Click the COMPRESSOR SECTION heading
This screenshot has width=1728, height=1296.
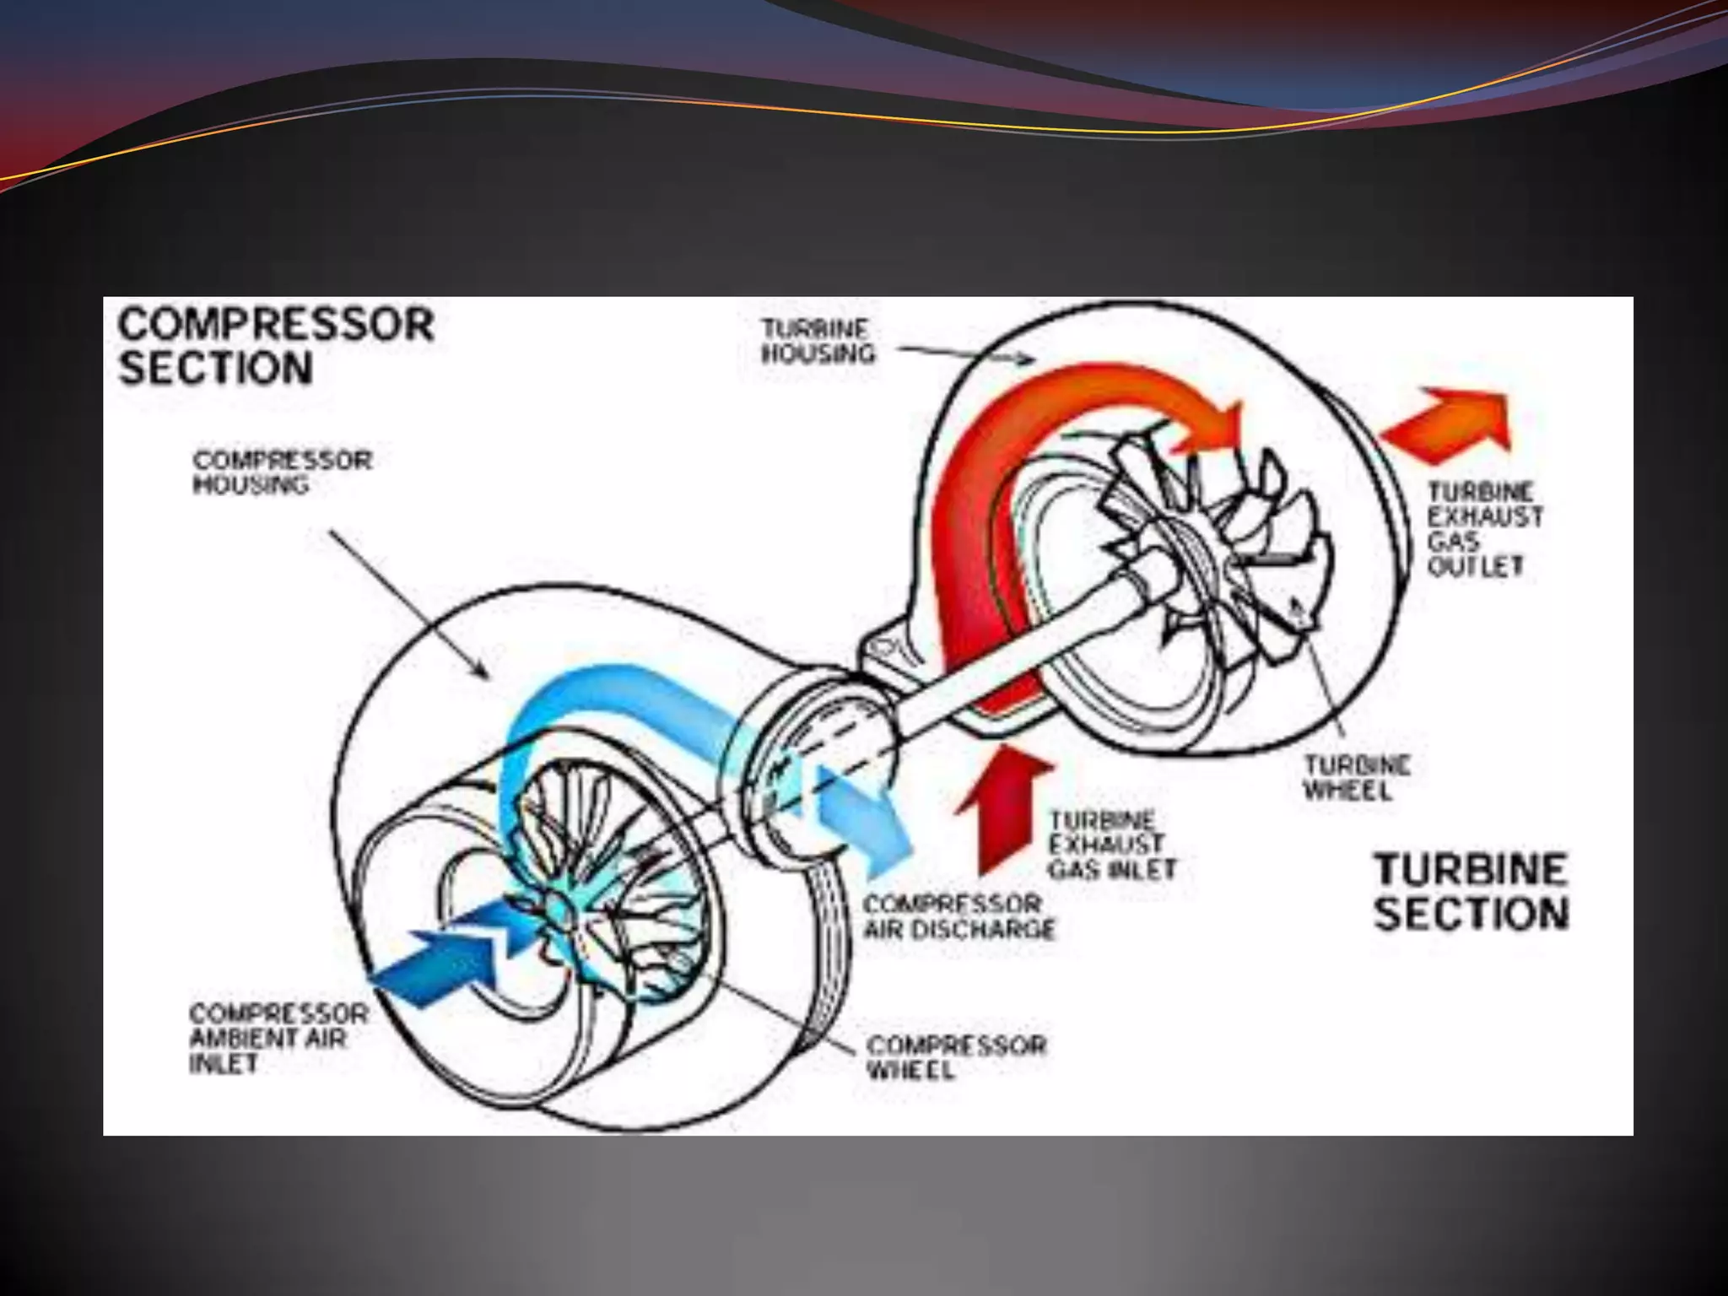[276, 347]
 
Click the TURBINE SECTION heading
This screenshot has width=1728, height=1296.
[1471, 892]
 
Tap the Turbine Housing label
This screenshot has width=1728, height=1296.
[817, 341]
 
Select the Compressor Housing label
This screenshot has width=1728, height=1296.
[282, 472]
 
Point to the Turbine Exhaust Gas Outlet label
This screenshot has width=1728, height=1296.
[1484, 529]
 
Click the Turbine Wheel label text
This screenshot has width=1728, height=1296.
[1357, 778]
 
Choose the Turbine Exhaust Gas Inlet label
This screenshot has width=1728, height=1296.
[1111, 845]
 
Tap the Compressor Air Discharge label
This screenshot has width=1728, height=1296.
[958, 916]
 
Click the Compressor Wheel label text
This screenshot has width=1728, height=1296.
[955, 1057]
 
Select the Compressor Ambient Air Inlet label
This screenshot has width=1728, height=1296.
[278, 1038]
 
